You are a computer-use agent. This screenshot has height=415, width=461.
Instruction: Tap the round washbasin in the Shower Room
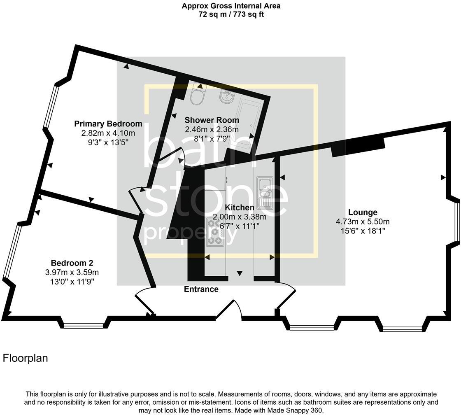coord(227,97)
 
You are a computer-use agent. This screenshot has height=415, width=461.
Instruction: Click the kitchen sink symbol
coord(265,192)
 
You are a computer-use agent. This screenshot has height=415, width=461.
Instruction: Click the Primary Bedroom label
coord(108,124)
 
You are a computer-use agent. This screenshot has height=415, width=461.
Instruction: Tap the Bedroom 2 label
coord(72,263)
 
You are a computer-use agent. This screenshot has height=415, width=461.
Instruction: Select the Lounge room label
coord(363,212)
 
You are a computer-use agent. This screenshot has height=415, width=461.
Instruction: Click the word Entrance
coord(201,289)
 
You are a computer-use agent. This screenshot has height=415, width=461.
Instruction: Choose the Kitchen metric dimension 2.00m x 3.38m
coord(239,217)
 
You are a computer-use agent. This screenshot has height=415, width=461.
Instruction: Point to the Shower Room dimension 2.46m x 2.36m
coord(212,129)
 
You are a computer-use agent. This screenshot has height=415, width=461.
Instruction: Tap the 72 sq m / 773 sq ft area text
coord(231,14)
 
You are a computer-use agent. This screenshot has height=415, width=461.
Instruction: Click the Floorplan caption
coord(25,359)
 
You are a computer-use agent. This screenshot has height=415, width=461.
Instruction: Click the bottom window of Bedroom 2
coord(84,326)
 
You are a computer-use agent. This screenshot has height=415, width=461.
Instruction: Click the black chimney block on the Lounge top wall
coord(358,147)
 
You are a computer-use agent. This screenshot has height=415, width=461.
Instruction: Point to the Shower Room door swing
coord(173,157)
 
